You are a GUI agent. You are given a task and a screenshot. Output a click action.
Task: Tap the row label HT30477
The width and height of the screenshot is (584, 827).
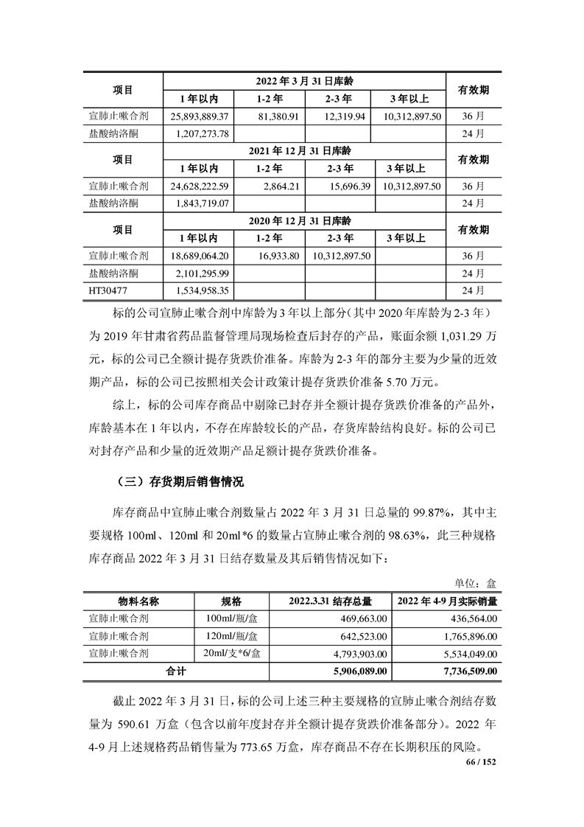108,290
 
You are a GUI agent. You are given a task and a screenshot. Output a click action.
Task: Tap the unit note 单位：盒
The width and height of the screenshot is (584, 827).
476,582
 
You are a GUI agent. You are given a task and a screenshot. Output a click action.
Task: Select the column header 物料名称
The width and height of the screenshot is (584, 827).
139,600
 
